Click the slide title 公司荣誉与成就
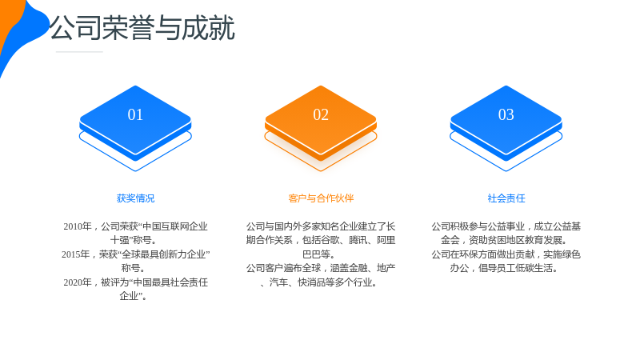coord(142,28)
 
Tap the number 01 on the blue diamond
coord(135,114)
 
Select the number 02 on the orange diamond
coord(321,114)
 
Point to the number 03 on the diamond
coord(506,114)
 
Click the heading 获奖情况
coord(135,198)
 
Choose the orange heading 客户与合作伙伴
coord(321,198)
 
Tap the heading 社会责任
coord(506,198)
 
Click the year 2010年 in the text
coord(78,226)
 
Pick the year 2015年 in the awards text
coord(75,254)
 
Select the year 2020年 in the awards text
coord(78,282)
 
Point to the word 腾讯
coord(358,241)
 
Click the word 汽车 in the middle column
coord(278,282)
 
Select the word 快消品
coord(311,282)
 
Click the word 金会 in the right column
coord(450,241)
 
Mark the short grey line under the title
coord(79,52)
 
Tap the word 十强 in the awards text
coord(120,241)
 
